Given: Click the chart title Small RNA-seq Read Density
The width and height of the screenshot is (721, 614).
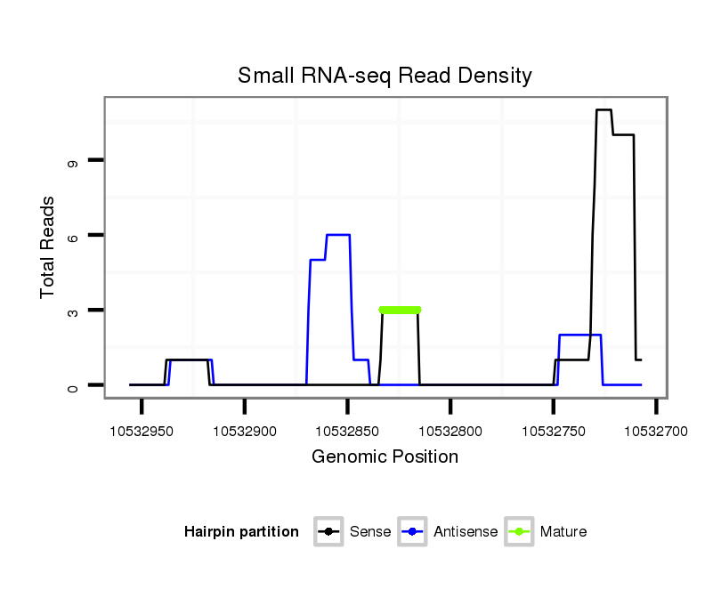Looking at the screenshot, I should click(x=385, y=76).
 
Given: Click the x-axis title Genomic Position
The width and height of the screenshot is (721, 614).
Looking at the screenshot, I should click(x=385, y=457).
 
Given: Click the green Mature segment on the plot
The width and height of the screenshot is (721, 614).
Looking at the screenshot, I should click(x=400, y=310).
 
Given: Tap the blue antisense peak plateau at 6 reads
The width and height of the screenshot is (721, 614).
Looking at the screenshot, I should click(x=338, y=235).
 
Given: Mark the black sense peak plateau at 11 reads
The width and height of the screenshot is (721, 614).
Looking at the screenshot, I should click(x=604, y=110).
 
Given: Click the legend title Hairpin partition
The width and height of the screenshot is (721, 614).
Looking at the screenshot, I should click(x=241, y=532).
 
